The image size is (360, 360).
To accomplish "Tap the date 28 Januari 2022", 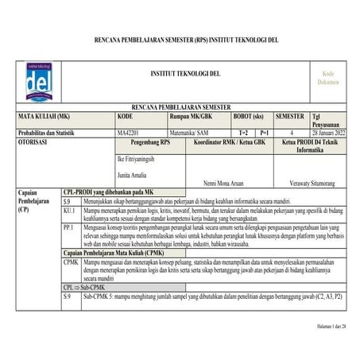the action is pos(331,133).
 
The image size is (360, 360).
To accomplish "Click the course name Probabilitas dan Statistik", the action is pos(49,133).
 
